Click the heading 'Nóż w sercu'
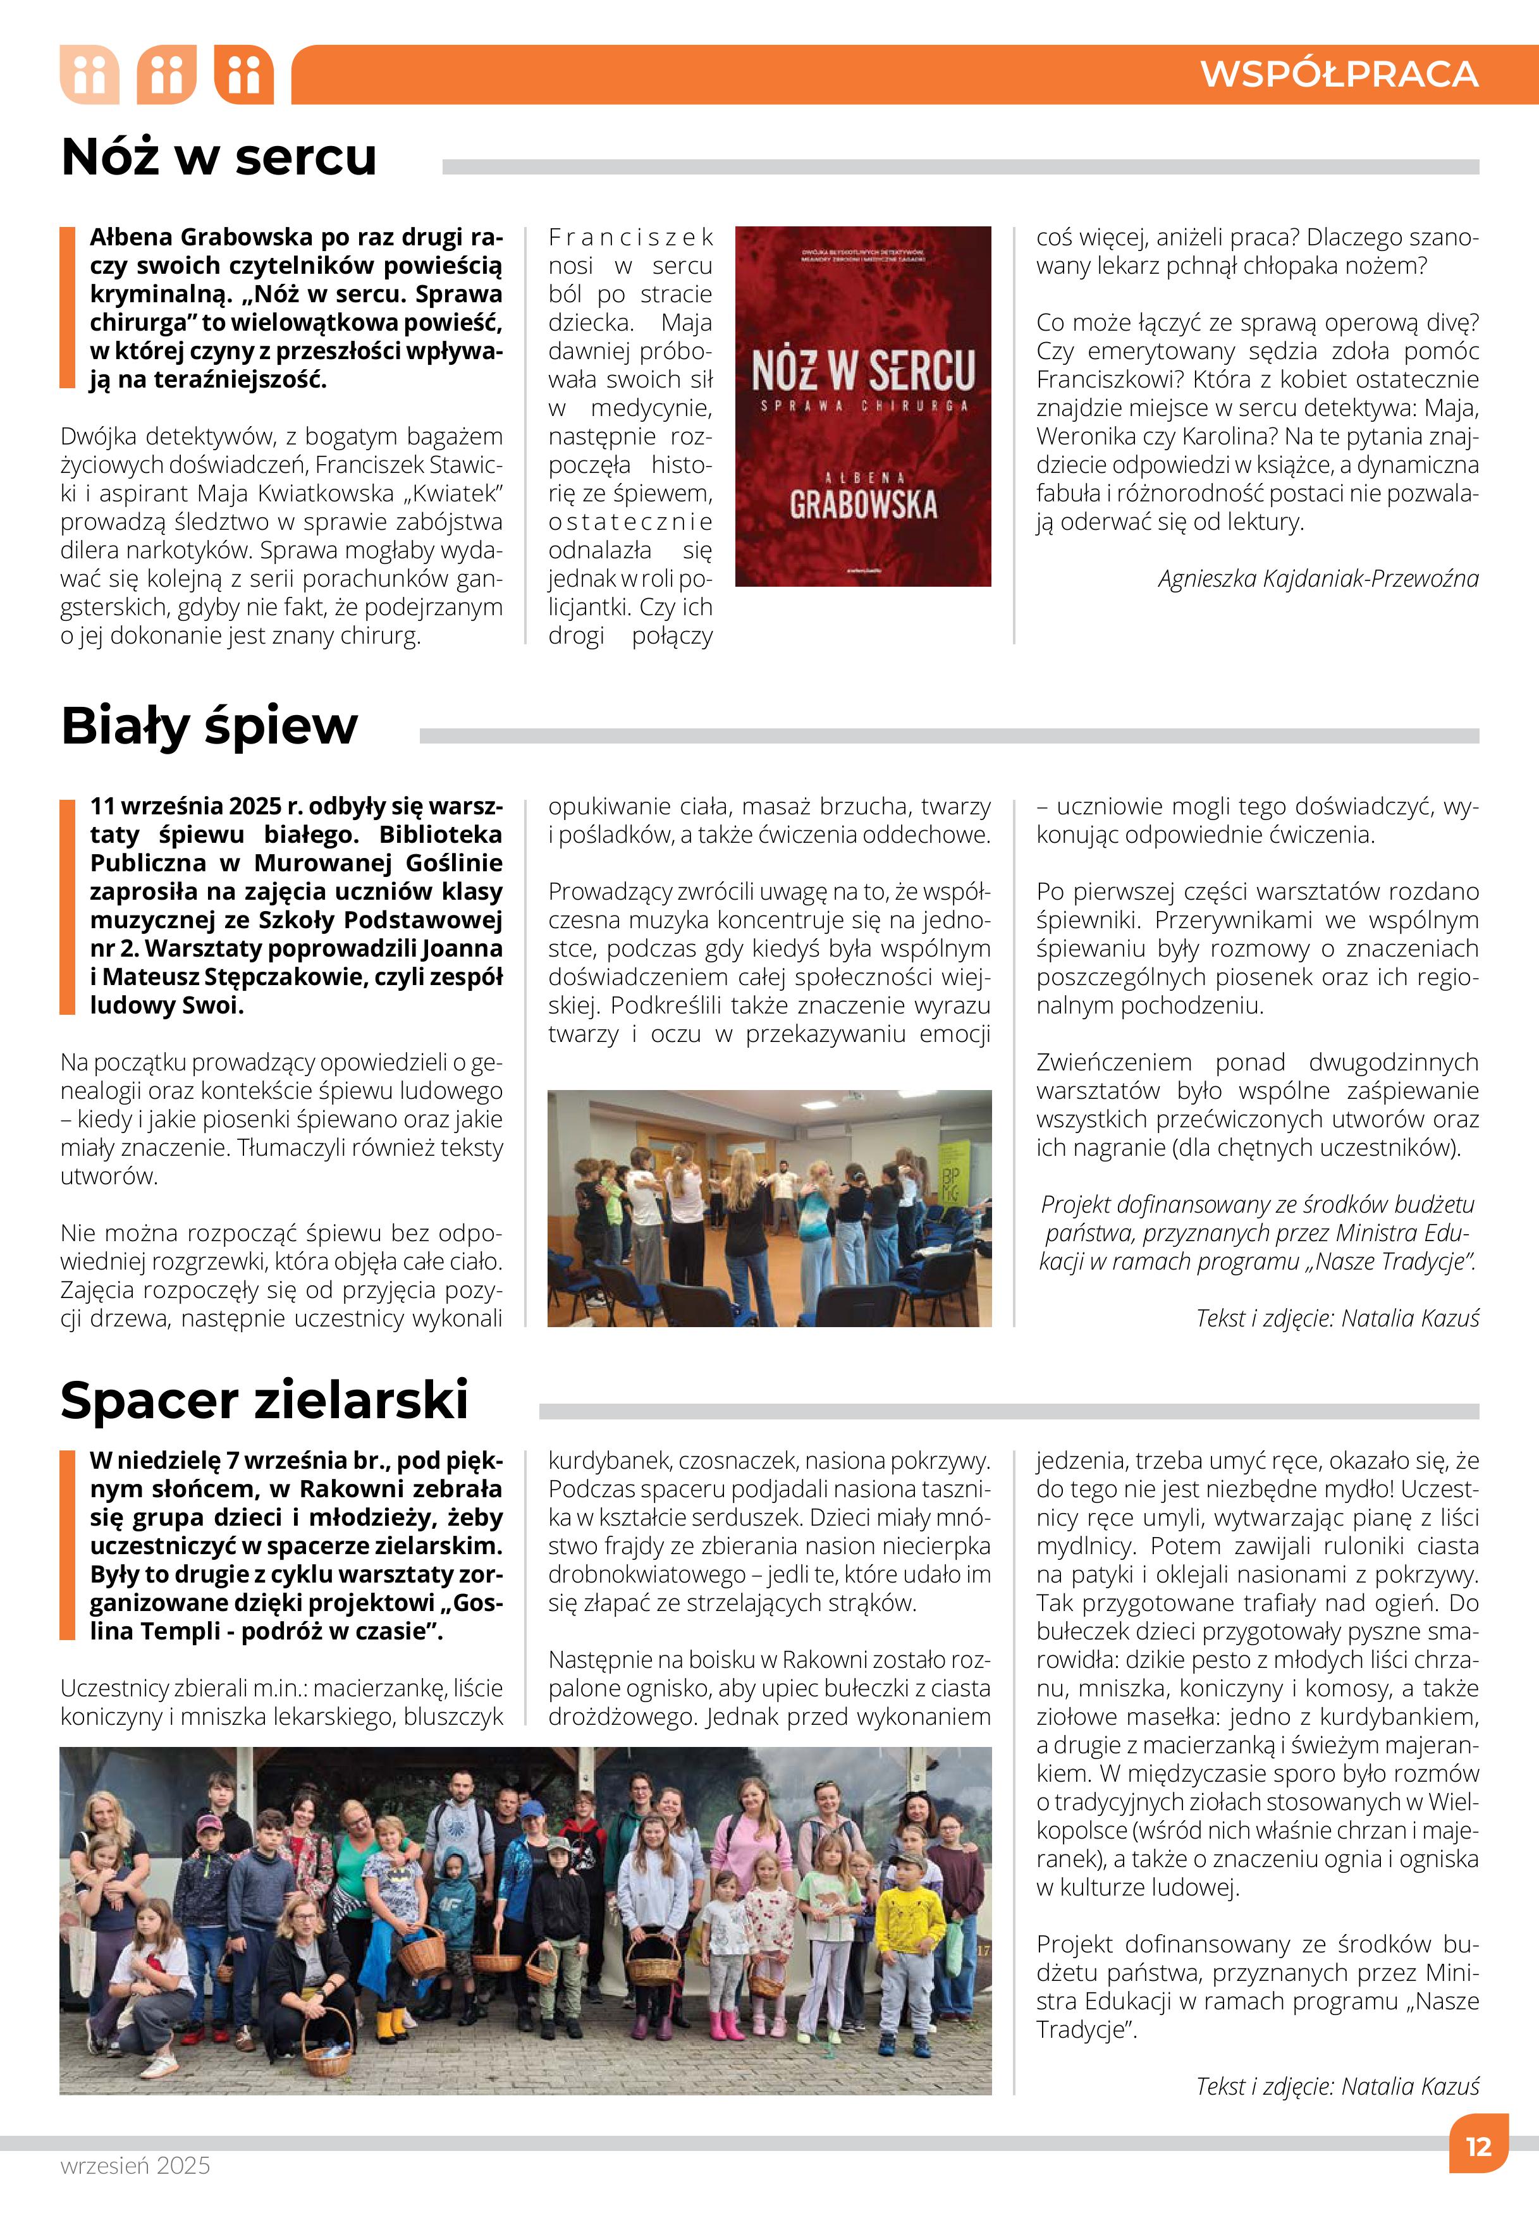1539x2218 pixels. coord(219,157)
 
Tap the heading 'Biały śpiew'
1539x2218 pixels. coord(209,725)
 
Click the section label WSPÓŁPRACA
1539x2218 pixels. coord(1339,74)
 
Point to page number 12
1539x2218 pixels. coord(1477,2147)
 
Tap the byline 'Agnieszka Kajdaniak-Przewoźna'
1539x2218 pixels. coord(1318,579)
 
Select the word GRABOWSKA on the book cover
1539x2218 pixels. coord(863,505)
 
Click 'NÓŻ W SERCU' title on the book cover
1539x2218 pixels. coord(863,371)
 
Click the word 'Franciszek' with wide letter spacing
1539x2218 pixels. coord(630,237)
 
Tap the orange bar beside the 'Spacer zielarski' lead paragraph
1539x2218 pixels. coord(66,1544)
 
